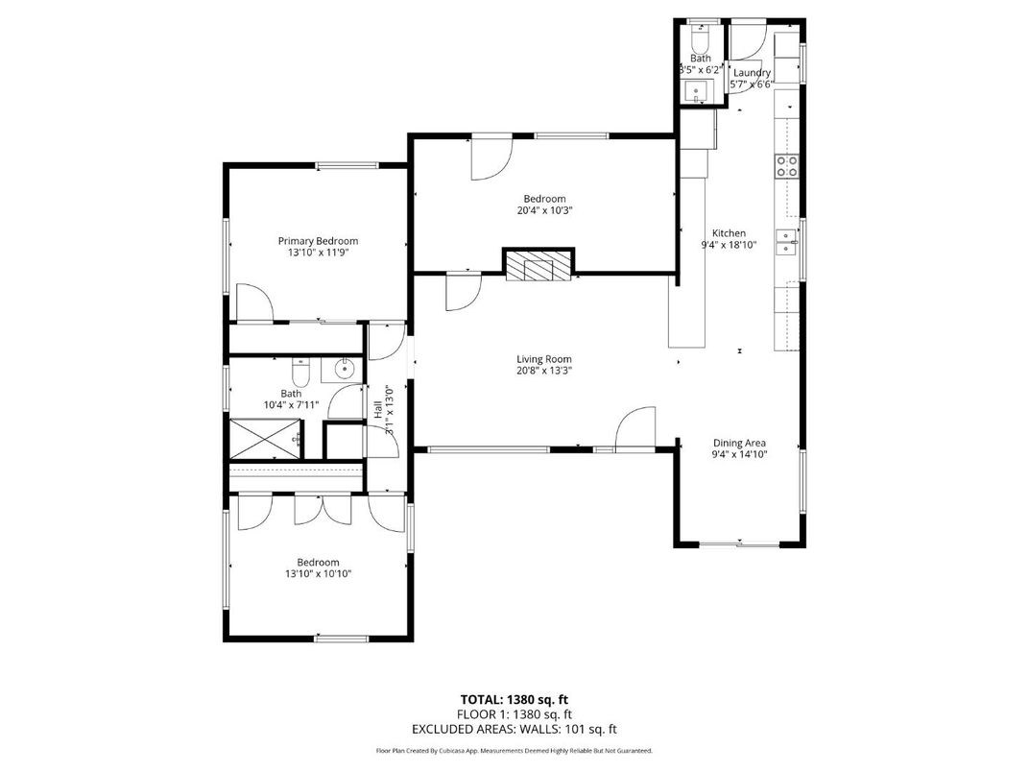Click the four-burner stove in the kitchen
pyautogui.click(x=787, y=166)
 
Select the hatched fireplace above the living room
pyautogui.click(x=538, y=265)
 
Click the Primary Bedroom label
pyautogui.click(x=318, y=241)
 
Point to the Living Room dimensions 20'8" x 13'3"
pyautogui.click(x=543, y=371)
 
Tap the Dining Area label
pyautogui.click(x=738, y=443)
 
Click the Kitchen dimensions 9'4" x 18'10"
pyautogui.click(x=729, y=245)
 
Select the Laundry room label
pyautogui.click(x=752, y=73)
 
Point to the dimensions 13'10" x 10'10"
pyautogui.click(x=318, y=574)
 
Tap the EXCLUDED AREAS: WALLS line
pyautogui.click(x=514, y=730)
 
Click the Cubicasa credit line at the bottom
pyautogui.click(x=514, y=751)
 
